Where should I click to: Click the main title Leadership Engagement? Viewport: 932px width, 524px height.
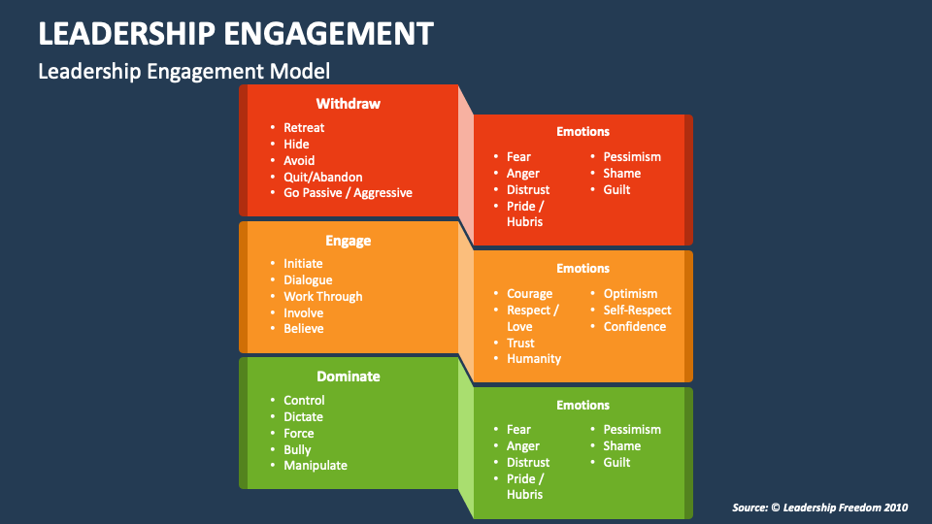(236, 33)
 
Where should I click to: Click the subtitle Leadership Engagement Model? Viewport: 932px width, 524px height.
(183, 71)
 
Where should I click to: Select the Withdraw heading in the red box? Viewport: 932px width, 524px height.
(348, 104)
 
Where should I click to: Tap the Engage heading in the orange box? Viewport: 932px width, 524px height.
(348, 241)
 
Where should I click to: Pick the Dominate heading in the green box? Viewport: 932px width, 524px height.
(348, 377)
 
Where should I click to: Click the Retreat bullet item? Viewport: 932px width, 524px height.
(304, 128)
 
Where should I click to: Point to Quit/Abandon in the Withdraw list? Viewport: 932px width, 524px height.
(322, 178)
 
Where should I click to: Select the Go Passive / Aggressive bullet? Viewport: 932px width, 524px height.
(348, 193)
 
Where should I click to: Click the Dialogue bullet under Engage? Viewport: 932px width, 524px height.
(308, 280)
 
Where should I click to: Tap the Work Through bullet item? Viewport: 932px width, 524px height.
(322, 297)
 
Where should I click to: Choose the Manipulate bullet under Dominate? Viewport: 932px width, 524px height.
(315, 466)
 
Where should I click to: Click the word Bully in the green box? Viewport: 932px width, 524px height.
(297, 449)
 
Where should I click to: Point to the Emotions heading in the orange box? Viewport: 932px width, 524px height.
(582, 269)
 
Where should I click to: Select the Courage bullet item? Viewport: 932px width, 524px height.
(529, 294)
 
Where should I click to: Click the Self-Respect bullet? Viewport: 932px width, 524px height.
(637, 311)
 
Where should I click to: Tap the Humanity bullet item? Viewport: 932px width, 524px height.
(534, 359)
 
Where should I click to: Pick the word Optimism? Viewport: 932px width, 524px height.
(630, 294)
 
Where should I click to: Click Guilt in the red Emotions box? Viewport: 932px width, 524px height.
(616, 190)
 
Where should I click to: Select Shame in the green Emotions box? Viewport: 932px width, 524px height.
(621, 446)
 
